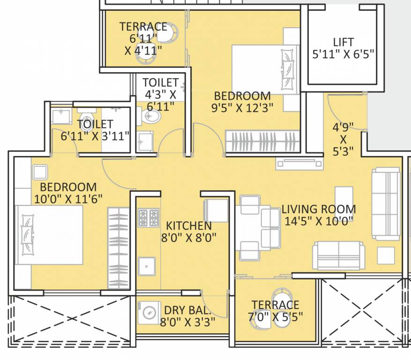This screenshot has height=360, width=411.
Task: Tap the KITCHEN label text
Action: tap(188, 225)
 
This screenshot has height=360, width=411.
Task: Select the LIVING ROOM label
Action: tap(318, 209)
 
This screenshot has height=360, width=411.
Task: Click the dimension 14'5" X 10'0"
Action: tap(318, 221)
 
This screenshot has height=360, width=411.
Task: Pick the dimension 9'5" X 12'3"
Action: tap(242, 107)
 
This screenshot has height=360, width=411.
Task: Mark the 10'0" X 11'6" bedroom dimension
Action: tap(68, 198)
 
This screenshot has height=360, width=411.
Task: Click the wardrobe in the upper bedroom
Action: tap(261, 141)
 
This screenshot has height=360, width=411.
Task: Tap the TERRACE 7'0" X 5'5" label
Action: tap(275, 311)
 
